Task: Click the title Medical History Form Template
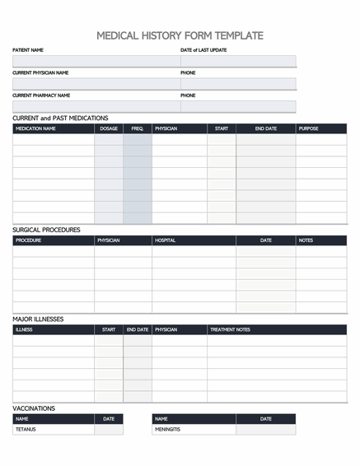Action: [180, 35]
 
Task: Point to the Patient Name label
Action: [28, 50]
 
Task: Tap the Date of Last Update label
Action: [203, 50]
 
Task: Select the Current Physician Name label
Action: [40, 72]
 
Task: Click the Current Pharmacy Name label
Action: [41, 95]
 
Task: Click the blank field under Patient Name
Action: [95, 61]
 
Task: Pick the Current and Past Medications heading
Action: [60, 118]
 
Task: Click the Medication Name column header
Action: [36, 128]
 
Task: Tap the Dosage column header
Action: [109, 128]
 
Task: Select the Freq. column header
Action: [137, 128]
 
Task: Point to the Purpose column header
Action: [308, 128]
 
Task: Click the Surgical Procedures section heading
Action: [46, 230]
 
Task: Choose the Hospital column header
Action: [165, 240]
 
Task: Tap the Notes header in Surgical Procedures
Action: [306, 240]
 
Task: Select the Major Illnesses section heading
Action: [38, 319]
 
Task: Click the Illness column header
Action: [24, 329]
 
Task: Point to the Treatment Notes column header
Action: [230, 329]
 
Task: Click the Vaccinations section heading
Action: [34, 408]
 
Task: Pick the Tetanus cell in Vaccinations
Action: [26, 429]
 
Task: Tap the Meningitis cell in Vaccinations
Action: [167, 429]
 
